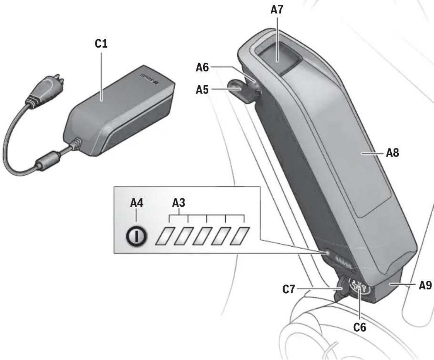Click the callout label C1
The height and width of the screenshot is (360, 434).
[101, 44]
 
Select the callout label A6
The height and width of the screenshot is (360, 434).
[203, 67]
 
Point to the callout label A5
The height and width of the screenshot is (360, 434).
[203, 89]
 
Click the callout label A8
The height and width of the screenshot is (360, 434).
[392, 153]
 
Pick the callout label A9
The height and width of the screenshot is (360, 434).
[425, 285]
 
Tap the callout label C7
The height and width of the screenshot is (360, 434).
[289, 290]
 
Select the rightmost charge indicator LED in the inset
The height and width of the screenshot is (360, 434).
[239, 235]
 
